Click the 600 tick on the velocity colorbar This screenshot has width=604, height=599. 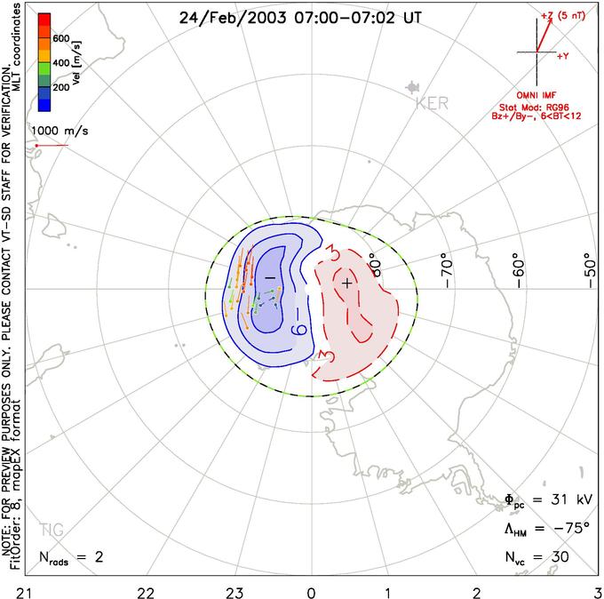pyautogui.click(x=60, y=38)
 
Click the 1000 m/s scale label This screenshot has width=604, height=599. pyautogui.click(x=60, y=131)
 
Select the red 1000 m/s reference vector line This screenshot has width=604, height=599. pyautogui.click(x=52, y=145)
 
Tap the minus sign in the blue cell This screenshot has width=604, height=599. pyautogui.click(x=267, y=278)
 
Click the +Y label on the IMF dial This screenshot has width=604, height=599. pyautogui.click(x=562, y=55)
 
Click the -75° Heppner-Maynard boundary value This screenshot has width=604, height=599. pyautogui.click(x=568, y=530)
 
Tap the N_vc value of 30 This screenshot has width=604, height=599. pyautogui.click(x=560, y=557)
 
